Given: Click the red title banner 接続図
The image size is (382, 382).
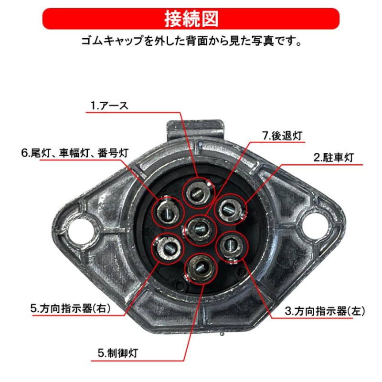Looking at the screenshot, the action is [x=191, y=19].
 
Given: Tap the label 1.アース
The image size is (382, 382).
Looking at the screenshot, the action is [x=109, y=106].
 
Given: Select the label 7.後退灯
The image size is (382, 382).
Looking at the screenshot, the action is [x=283, y=136].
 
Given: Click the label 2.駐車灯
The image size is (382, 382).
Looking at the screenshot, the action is [x=333, y=158].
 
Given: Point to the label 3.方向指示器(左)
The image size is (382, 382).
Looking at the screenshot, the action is [x=325, y=311].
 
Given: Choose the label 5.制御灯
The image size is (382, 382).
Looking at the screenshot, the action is [x=118, y=353].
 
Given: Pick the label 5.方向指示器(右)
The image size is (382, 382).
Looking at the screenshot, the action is [x=70, y=308].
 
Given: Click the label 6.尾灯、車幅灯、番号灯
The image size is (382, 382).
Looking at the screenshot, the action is [x=75, y=153].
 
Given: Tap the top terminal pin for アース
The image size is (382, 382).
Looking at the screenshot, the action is [x=198, y=193].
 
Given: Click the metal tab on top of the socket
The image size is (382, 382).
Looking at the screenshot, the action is [x=195, y=130].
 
